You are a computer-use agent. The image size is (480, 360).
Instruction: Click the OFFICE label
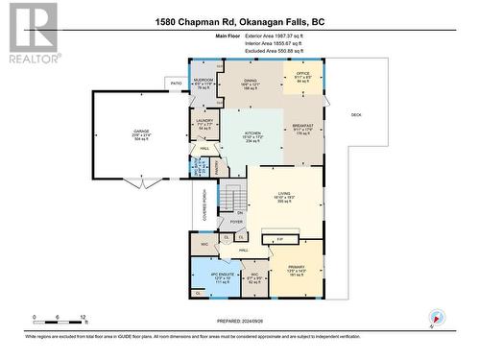301,75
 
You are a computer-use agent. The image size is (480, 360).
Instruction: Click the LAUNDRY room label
204,121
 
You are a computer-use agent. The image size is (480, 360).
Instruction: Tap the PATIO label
177,84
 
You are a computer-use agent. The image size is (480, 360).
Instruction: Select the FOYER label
237,222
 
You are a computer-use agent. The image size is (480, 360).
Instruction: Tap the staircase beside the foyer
238,198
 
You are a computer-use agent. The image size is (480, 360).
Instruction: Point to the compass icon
438,318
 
